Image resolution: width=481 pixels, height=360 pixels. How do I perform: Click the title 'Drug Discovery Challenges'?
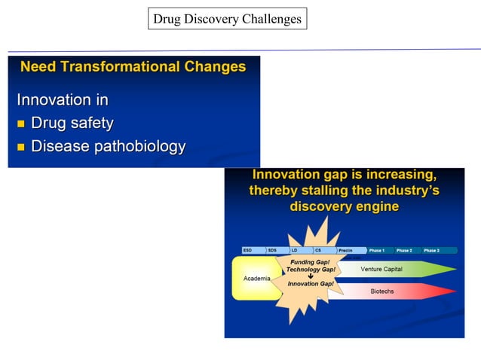coord(227,19)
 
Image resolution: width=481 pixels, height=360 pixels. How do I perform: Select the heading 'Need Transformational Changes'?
coord(133,67)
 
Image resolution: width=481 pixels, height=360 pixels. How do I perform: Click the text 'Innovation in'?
coord(63,99)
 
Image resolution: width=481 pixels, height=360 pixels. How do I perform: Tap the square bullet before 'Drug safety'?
coord(21,124)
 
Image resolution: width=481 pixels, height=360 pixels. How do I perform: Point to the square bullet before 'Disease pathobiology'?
coord(21,147)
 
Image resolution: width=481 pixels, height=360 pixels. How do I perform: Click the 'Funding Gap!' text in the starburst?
coord(310,262)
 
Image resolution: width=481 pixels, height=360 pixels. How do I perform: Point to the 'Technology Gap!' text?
coord(311,269)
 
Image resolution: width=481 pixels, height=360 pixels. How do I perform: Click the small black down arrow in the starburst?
coord(311,276)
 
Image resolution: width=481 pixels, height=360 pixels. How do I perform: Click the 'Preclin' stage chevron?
coord(348,250)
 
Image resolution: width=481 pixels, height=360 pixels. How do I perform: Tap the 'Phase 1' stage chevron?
coord(378,250)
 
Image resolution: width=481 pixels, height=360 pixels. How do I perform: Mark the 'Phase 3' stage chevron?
coord(434,250)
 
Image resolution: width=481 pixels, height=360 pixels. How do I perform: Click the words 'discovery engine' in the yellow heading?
coord(344,206)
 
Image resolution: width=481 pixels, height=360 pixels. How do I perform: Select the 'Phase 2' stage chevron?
coord(406,250)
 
